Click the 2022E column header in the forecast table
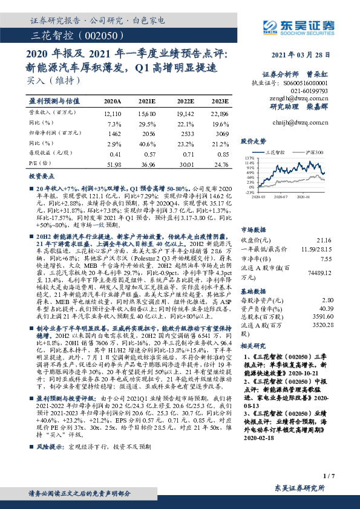(x=186, y=101)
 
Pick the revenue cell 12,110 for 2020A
(x=113, y=113)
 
